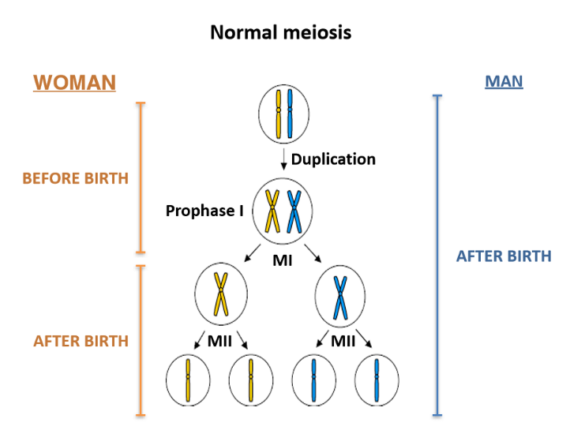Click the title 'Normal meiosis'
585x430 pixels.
point(280,33)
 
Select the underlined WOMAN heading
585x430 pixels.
point(74,82)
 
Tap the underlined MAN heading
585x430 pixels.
point(504,81)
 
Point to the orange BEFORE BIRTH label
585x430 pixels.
point(75,178)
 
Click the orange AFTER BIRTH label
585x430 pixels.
point(81,341)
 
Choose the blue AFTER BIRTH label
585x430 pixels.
point(504,256)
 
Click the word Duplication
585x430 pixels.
point(333,159)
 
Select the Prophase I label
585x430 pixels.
point(204,211)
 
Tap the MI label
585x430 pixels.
point(282,260)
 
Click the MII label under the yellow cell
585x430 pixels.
point(220,342)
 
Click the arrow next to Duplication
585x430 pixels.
point(283,159)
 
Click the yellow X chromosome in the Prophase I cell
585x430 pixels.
point(273,211)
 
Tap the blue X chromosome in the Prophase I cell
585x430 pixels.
point(294,211)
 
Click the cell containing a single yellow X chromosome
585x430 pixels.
point(221,295)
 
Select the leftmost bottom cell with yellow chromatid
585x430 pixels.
point(188,380)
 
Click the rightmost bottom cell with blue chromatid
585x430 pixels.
point(377,380)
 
